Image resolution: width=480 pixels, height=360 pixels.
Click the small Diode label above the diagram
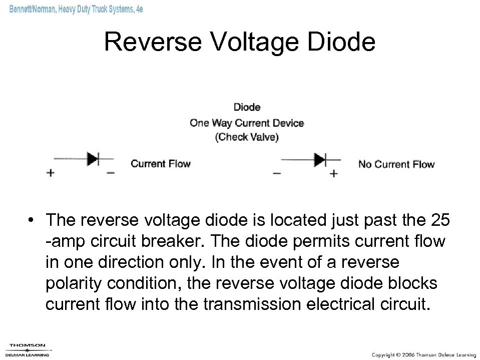(x=247, y=107)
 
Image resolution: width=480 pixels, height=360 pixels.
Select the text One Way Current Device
(x=247, y=123)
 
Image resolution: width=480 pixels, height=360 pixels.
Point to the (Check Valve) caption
(x=247, y=138)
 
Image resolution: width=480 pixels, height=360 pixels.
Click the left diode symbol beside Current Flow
(x=93, y=159)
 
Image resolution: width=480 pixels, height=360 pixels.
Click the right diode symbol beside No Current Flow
(x=320, y=160)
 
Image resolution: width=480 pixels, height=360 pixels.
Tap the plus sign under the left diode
(x=50, y=173)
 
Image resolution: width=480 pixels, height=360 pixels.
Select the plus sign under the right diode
(x=334, y=174)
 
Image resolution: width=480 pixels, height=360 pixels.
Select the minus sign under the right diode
(x=277, y=174)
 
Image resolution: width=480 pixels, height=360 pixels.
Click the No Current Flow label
(x=396, y=164)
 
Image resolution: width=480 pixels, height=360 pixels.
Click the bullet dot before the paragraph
(x=32, y=220)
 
